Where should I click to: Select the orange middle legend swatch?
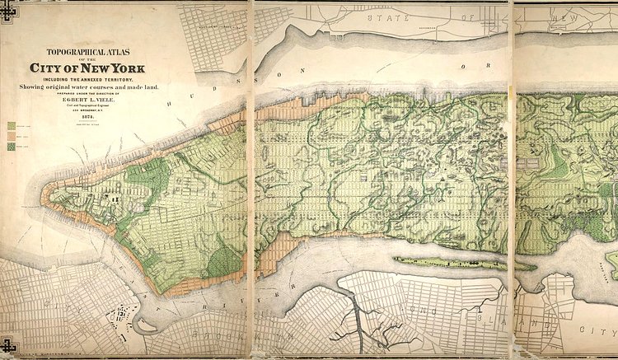pos(12,135)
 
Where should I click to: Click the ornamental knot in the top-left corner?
pos(8,9)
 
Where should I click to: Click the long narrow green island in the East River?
pos(461,263)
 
